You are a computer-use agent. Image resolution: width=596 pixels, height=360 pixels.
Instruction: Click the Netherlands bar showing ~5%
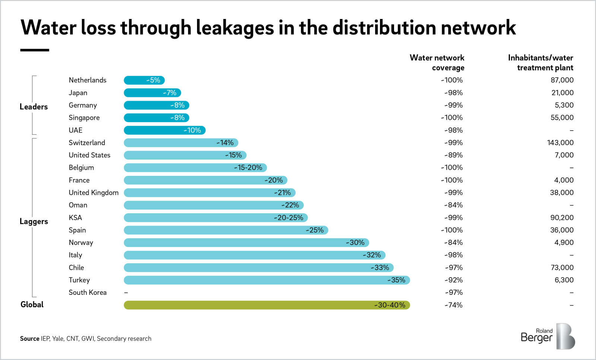[144, 80]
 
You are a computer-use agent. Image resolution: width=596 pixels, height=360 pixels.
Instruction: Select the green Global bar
[267, 305]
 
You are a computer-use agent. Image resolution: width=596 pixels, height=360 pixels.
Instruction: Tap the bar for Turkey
[267, 280]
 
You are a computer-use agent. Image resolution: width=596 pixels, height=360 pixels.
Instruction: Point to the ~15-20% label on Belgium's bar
[248, 168]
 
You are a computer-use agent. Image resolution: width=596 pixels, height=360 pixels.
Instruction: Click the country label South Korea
[88, 293]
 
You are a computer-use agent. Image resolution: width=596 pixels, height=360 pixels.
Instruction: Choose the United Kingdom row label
[93, 192]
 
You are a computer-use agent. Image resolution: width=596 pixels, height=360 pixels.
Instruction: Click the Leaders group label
[34, 107]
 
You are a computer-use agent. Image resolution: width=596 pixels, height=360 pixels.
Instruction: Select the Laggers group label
[34, 222]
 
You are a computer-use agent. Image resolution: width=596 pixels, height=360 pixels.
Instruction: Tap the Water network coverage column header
[437, 63]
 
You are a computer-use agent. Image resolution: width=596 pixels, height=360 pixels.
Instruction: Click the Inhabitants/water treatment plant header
[540, 63]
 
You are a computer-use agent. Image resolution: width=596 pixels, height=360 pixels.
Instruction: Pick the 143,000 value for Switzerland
[560, 143]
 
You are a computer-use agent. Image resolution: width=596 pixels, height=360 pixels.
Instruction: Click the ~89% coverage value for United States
[453, 155]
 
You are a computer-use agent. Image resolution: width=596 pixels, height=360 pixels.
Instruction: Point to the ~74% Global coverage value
[453, 305]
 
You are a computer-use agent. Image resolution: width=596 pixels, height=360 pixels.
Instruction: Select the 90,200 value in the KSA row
[562, 217]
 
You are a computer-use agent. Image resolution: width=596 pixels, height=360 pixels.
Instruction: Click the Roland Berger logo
[548, 336]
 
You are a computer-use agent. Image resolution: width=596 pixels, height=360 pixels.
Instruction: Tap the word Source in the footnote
[29, 338]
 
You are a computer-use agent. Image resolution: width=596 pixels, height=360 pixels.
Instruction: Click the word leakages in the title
[235, 28]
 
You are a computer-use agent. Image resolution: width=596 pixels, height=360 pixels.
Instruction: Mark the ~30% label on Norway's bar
[355, 243]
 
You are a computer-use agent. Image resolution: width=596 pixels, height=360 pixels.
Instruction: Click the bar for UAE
[164, 130]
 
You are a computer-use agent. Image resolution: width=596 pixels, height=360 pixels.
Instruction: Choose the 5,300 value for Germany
[564, 105]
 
